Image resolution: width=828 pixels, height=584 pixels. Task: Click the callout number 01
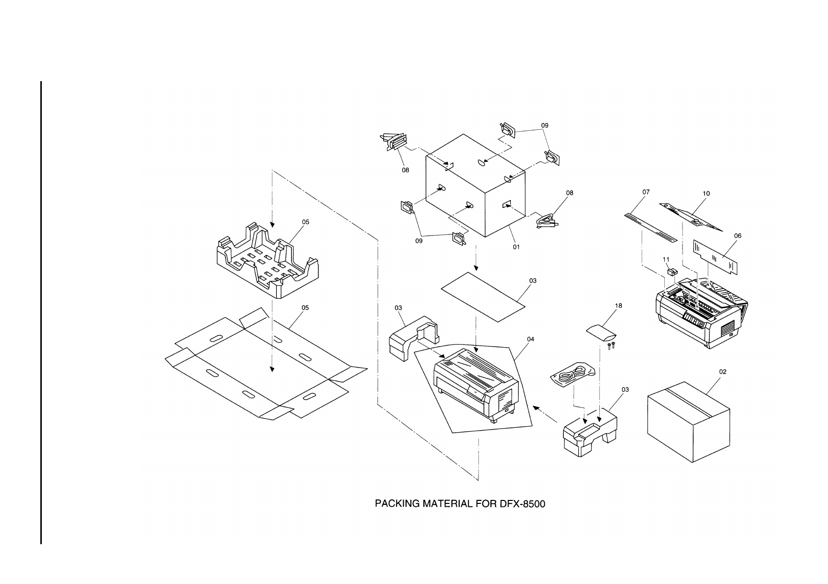point(516,247)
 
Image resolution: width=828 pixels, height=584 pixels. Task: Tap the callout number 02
point(722,372)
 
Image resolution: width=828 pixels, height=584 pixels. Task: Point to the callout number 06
point(738,236)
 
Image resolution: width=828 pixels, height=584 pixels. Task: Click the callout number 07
point(646,192)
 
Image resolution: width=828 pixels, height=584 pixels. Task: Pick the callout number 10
point(706,194)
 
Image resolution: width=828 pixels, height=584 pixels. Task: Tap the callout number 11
point(666,259)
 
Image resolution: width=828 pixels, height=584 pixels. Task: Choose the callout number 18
point(619,306)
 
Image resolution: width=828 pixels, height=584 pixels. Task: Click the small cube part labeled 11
point(672,270)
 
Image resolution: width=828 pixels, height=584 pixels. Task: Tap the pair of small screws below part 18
point(612,346)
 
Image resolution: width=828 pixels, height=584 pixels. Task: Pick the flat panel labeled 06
point(715,257)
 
